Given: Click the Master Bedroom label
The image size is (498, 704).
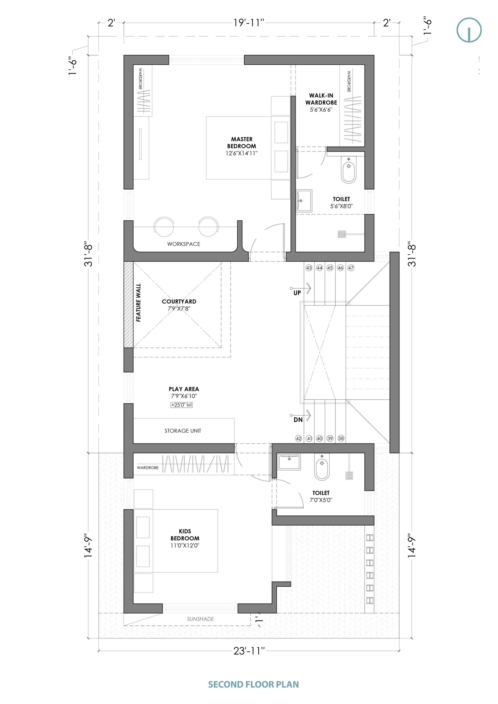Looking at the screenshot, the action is (x=242, y=142).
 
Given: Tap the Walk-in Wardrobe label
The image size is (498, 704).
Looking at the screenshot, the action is (x=321, y=99).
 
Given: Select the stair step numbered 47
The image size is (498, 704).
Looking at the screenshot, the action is (x=351, y=268).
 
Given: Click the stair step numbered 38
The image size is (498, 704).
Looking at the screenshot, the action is (x=341, y=438).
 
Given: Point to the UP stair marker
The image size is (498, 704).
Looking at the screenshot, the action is (x=297, y=293).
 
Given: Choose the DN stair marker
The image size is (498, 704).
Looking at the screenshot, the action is (x=298, y=420).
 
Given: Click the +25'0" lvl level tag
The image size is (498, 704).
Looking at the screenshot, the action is (x=182, y=405).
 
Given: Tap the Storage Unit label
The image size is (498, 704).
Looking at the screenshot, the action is (x=183, y=431).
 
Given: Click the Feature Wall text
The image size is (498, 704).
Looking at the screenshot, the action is (x=138, y=302).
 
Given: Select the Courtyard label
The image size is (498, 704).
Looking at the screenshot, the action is (x=179, y=301).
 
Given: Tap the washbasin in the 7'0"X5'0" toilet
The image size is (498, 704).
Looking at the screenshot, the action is (x=289, y=462).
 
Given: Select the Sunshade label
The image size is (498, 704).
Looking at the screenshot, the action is (x=200, y=619).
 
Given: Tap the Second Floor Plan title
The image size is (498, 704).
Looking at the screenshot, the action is (x=253, y=684).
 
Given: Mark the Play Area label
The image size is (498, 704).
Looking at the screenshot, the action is (x=184, y=389).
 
